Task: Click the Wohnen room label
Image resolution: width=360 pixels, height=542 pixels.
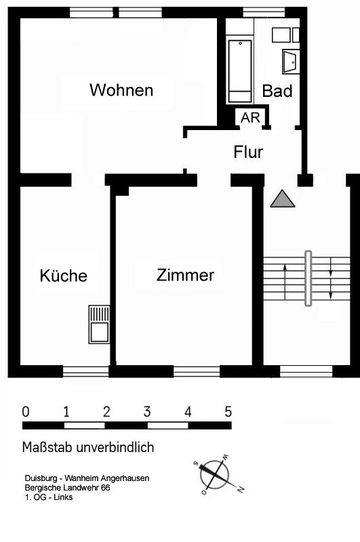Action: coord(121,90)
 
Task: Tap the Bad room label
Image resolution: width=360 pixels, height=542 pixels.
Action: coord(277,91)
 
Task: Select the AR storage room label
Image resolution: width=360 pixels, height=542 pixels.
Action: coord(250,118)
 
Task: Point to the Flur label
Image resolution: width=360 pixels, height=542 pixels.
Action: coord(248,152)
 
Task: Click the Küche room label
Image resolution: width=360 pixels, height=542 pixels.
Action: coord(64,276)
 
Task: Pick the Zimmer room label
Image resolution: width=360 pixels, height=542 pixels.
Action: coord(185,275)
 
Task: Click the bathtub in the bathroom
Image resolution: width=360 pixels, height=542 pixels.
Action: coord(240,71)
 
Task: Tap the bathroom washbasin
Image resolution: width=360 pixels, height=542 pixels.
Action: coord(291,62)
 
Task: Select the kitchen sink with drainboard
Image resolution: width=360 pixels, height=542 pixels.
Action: coord(99,325)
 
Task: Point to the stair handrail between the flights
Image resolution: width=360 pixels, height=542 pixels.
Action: coord(308,278)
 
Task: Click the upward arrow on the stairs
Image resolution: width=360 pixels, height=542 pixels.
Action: coord(285,282)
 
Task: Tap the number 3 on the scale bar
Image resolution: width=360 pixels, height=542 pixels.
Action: coord(147,412)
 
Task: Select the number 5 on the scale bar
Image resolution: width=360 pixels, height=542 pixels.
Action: coord(228,412)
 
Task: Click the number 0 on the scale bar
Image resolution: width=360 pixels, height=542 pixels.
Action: coord(26,412)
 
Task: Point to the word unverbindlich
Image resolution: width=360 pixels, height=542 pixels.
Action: coord(115,447)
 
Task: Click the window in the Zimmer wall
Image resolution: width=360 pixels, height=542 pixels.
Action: coord(197,371)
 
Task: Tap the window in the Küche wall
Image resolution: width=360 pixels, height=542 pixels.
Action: coord(86,371)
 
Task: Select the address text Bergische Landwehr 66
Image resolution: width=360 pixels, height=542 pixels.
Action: coord(67,488)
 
